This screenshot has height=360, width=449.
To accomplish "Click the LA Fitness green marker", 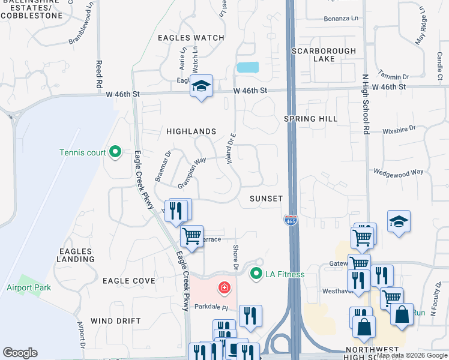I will point(257,274).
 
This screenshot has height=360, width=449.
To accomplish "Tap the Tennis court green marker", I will point(115,152).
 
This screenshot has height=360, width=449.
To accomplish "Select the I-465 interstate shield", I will point(291,220).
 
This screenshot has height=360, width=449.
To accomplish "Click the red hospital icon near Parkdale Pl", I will point(224,289).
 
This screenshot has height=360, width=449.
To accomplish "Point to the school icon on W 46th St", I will point(201,86).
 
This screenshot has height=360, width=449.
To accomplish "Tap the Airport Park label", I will point(29,287).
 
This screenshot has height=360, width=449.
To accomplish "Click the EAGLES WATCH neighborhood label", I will point(182,38).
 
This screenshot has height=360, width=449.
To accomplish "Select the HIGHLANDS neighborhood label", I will point(191,131).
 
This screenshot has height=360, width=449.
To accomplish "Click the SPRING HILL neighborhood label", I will point(311,119).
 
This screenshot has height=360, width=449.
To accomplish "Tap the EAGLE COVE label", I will point(129,280).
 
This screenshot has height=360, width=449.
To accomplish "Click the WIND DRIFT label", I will point(115,321).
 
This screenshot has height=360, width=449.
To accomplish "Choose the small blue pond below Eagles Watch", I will point(247,67).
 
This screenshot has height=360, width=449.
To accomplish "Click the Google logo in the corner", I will point(20,353).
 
